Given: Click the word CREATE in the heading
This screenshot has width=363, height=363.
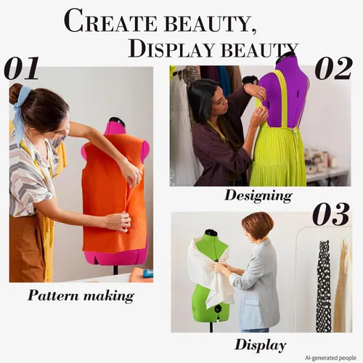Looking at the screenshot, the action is pos(110,21).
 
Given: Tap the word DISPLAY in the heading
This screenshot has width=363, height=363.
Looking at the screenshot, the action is pos(171,49).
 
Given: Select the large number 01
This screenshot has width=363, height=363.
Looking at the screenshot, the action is pos(21,68).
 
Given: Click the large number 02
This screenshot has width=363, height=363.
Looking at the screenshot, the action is pos(333,68).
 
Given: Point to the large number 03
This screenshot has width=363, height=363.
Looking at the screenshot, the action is pos(331,214).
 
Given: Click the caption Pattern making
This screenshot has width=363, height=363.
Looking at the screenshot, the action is pos(81,295).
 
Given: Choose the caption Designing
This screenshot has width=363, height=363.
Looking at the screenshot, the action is pos(258,196).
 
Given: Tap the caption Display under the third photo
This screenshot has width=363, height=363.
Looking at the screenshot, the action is pos(261,345).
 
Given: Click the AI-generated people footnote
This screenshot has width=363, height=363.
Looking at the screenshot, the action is pos(330,358).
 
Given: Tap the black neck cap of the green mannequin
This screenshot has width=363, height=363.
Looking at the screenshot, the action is pos(211,233).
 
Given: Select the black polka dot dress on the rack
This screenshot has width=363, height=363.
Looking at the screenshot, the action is pos(324,285).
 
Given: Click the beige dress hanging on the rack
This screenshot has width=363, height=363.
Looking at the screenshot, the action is pos(343,285).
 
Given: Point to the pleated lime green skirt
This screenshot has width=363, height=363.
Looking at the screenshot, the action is pos(277,158).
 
